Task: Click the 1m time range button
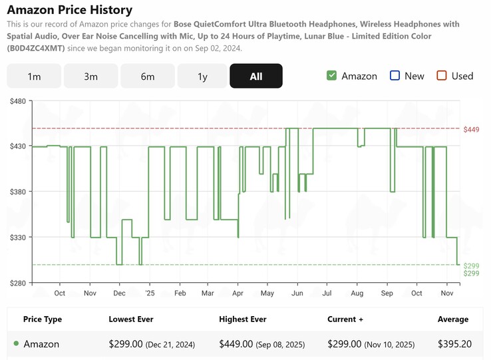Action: pyautogui.click(x=34, y=76)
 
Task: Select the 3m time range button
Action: pyautogui.click(x=90, y=76)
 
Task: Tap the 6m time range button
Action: pyautogui.click(x=148, y=76)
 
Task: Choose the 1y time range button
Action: pyautogui.click(x=202, y=76)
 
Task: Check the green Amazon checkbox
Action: pyautogui.click(x=332, y=75)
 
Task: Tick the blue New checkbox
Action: pyautogui.click(x=395, y=75)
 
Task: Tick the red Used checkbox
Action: pyautogui.click(x=442, y=75)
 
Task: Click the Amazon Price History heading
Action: pyautogui.click(x=69, y=10)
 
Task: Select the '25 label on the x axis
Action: pyautogui.click(x=149, y=293)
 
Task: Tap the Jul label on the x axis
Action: pyautogui.click(x=327, y=293)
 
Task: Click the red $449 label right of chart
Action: pyautogui.click(x=471, y=129)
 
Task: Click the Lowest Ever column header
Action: pyautogui.click(x=131, y=319)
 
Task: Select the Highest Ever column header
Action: pyautogui.click(x=242, y=319)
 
